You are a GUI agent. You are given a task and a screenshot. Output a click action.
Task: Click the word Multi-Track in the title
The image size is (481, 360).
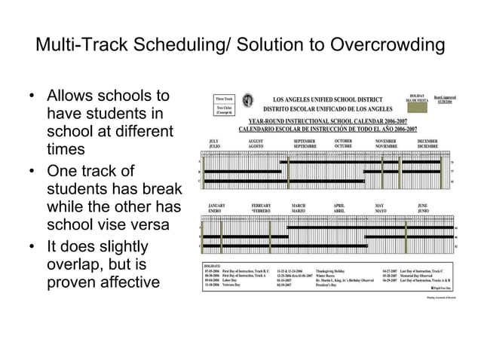click(x=76, y=47)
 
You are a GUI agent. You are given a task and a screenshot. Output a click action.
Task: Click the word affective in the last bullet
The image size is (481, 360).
click(x=121, y=282)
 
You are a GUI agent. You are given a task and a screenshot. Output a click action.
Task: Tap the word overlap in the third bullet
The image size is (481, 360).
click(x=74, y=265)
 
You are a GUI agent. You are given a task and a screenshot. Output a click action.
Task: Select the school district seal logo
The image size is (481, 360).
click(x=248, y=101)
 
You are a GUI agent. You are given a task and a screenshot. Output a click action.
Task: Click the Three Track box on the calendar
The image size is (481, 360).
click(x=224, y=99)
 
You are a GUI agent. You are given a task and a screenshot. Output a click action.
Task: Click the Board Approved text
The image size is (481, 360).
click(x=444, y=97)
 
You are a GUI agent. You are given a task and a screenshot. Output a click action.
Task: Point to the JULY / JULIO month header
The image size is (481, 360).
click(x=214, y=143)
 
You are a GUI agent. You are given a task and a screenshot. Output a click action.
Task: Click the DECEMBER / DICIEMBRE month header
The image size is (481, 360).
click(x=430, y=143)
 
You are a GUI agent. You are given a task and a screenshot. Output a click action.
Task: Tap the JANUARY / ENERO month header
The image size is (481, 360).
click(x=218, y=208)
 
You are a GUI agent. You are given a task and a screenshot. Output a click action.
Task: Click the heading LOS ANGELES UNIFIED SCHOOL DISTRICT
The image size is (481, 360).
click(x=326, y=99)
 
